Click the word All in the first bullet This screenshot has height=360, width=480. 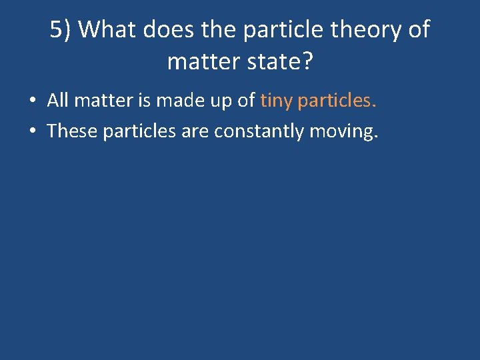pos(58,101)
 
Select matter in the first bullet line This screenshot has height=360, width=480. pos(101,101)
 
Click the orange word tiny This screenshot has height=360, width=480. pos(277,101)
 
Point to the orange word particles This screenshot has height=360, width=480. pos(337,101)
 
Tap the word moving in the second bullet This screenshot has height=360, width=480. pos(344,131)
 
